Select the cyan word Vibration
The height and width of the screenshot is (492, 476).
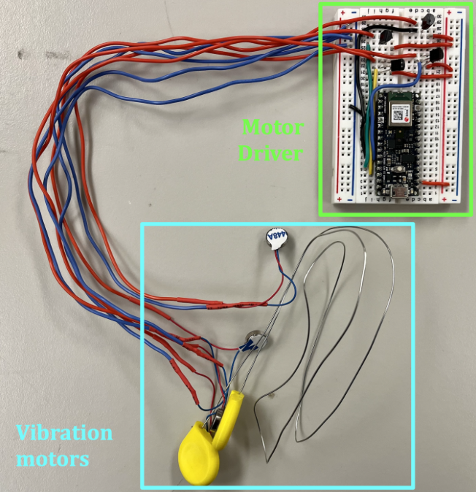pos(65,433)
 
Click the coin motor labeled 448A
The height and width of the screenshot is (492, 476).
pos(275,239)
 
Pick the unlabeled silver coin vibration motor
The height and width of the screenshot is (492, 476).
pos(253,339)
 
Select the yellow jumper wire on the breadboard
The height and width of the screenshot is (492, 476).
pos(373,117)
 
